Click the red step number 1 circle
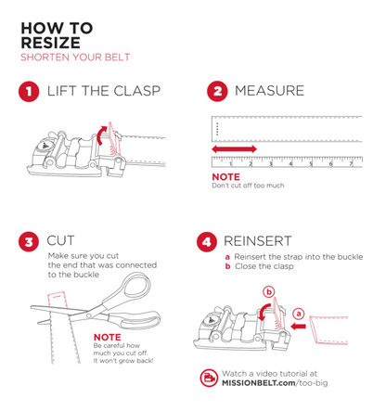tap(29, 92)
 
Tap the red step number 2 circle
tap(217, 91)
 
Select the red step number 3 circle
tap(29, 241)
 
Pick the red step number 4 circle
tap(207, 242)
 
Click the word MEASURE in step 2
tap(269, 91)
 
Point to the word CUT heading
tap(60, 240)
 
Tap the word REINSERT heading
tap(258, 241)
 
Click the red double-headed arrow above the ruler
tap(234, 149)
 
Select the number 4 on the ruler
tap(290, 164)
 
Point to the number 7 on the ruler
tap(351, 163)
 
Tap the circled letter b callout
tap(269, 291)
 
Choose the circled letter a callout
tap(299, 314)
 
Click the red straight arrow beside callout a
tap(298, 326)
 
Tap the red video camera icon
tap(209, 378)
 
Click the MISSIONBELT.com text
tap(259, 383)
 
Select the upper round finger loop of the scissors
tap(134, 288)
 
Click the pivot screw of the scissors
tap(89, 315)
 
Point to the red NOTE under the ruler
tap(225, 177)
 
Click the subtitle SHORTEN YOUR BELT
tap(75, 58)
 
